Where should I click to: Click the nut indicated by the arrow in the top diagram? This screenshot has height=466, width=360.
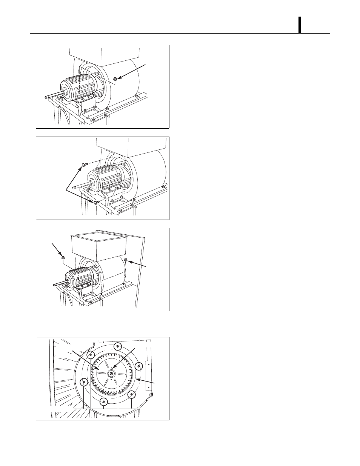(x=115, y=79)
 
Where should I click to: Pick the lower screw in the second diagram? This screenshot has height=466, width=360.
(x=95, y=202)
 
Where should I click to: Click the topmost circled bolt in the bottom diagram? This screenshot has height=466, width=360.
(x=118, y=347)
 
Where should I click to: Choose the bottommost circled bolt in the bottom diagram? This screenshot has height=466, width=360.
(x=105, y=402)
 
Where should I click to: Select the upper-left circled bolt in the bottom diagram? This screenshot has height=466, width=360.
(x=91, y=355)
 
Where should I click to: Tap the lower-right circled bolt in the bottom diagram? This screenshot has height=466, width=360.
(x=131, y=395)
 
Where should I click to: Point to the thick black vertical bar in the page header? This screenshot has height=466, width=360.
(x=300, y=25)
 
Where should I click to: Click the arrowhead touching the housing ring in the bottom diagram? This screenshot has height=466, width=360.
(x=137, y=378)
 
